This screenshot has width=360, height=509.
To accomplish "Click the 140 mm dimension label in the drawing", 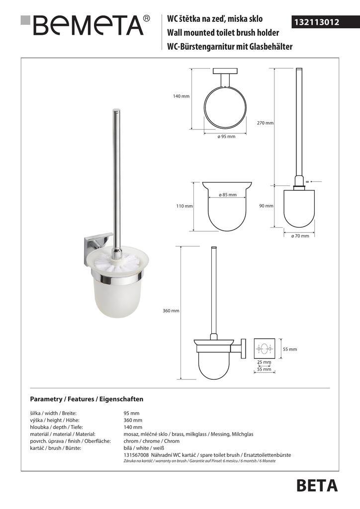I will pyautogui.click(x=181, y=96).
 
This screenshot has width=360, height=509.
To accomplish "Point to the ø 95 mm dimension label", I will pyautogui.click(x=226, y=136).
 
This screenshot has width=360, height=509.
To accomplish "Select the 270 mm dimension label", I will pyautogui.click(x=266, y=123).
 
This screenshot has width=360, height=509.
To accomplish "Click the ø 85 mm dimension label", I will pyautogui.click(x=227, y=195).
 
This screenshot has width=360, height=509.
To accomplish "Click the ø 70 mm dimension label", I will pyautogui.click(x=300, y=236).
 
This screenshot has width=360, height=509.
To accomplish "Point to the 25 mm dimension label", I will pyautogui.click(x=264, y=362).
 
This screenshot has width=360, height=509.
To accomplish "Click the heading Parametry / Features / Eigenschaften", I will pyautogui.click(x=87, y=399).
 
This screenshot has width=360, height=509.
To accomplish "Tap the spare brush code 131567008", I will pyautogui.click(x=135, y=455).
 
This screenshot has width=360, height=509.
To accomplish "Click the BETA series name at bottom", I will pyautogui.click(x=317, y=486).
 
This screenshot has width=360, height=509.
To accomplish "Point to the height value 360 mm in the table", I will pyautogui.click(x=132, y=420).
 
